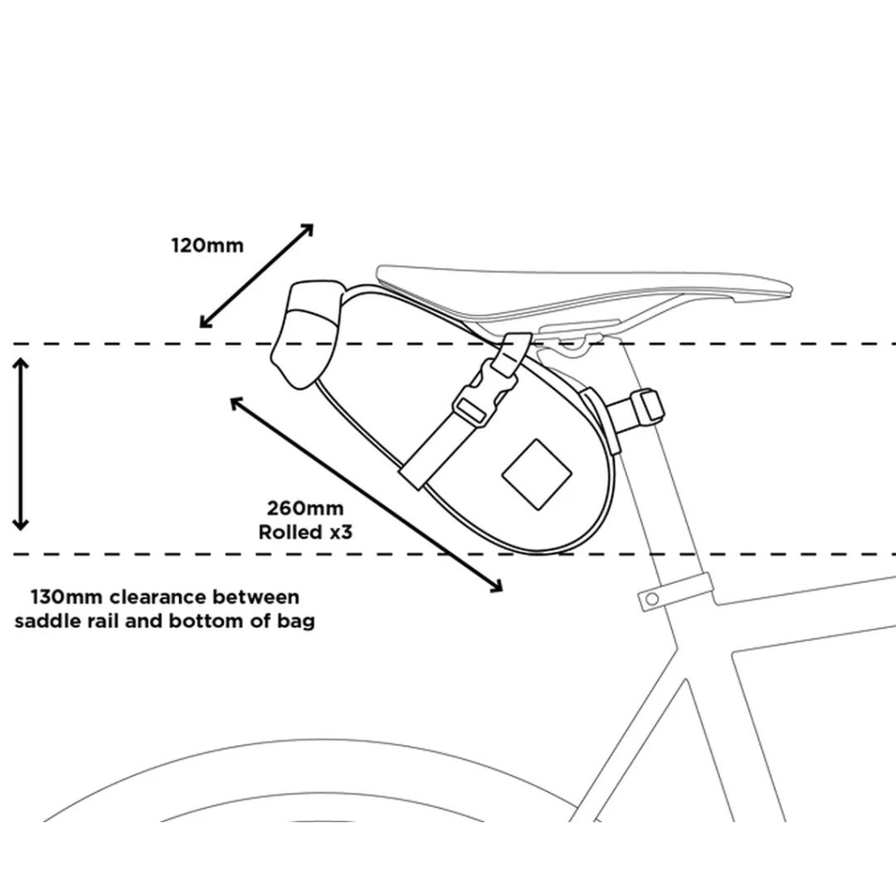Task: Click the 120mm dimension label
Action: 207,246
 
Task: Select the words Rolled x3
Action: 305,532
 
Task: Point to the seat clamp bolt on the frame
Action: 653,598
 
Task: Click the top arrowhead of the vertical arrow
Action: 22,363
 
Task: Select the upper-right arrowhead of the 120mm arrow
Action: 309,228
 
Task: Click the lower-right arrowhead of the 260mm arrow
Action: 497,587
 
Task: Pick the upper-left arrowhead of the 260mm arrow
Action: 236,402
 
